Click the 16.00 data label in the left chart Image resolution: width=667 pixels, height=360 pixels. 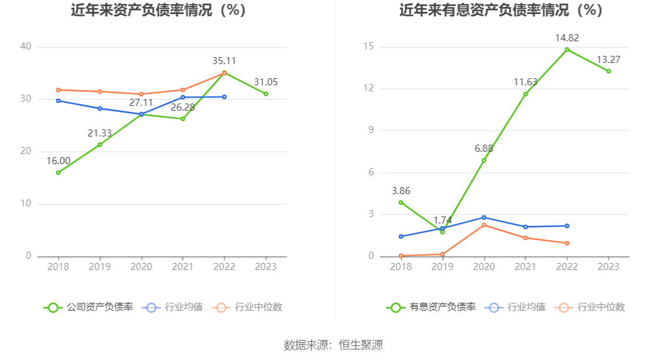click(x=58, y=161)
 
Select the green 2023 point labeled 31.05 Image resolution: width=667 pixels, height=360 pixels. click(x=266, y=94)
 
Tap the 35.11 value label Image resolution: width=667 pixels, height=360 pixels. click(x=224, y=61)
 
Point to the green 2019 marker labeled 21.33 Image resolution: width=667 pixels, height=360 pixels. click(x=99, y=145)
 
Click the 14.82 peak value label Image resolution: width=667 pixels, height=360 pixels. click(x=567, y=38)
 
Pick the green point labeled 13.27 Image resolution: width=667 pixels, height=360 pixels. click(x=608, y=71)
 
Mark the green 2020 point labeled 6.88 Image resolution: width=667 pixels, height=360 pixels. click(x=484, y=160)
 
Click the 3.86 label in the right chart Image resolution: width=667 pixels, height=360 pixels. click(x=401, y=191)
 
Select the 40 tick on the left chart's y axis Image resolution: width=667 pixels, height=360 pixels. click(x=25, y=46)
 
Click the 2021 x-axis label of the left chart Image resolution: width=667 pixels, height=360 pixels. click(x=183, y=266)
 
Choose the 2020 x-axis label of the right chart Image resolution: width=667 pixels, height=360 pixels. click(x=484, y=266)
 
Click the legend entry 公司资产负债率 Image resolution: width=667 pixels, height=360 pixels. click(x=88, y=307)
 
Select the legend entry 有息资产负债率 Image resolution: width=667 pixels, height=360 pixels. click(x=431, y=307)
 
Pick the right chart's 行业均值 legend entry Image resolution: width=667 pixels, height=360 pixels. click(x=516, y=307)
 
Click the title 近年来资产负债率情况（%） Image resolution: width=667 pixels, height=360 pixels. click(x=158, y=10)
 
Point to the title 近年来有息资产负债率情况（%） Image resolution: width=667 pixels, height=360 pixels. click(x=501, y=10)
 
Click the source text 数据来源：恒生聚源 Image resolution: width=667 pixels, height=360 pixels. click(x=333, y=345)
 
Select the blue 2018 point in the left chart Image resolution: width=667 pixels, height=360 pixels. click(x=58, y=101)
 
